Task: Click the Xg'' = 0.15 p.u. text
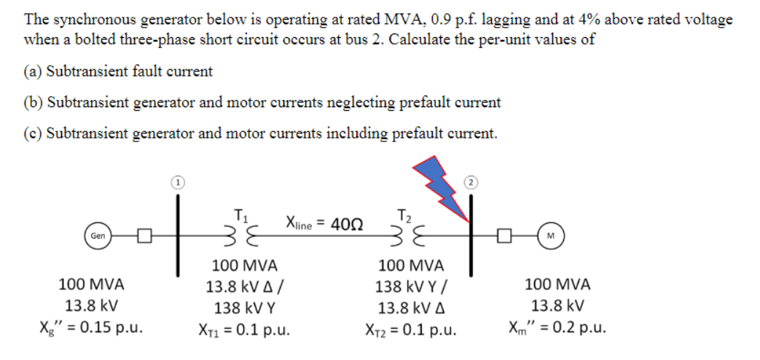[94, 326]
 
